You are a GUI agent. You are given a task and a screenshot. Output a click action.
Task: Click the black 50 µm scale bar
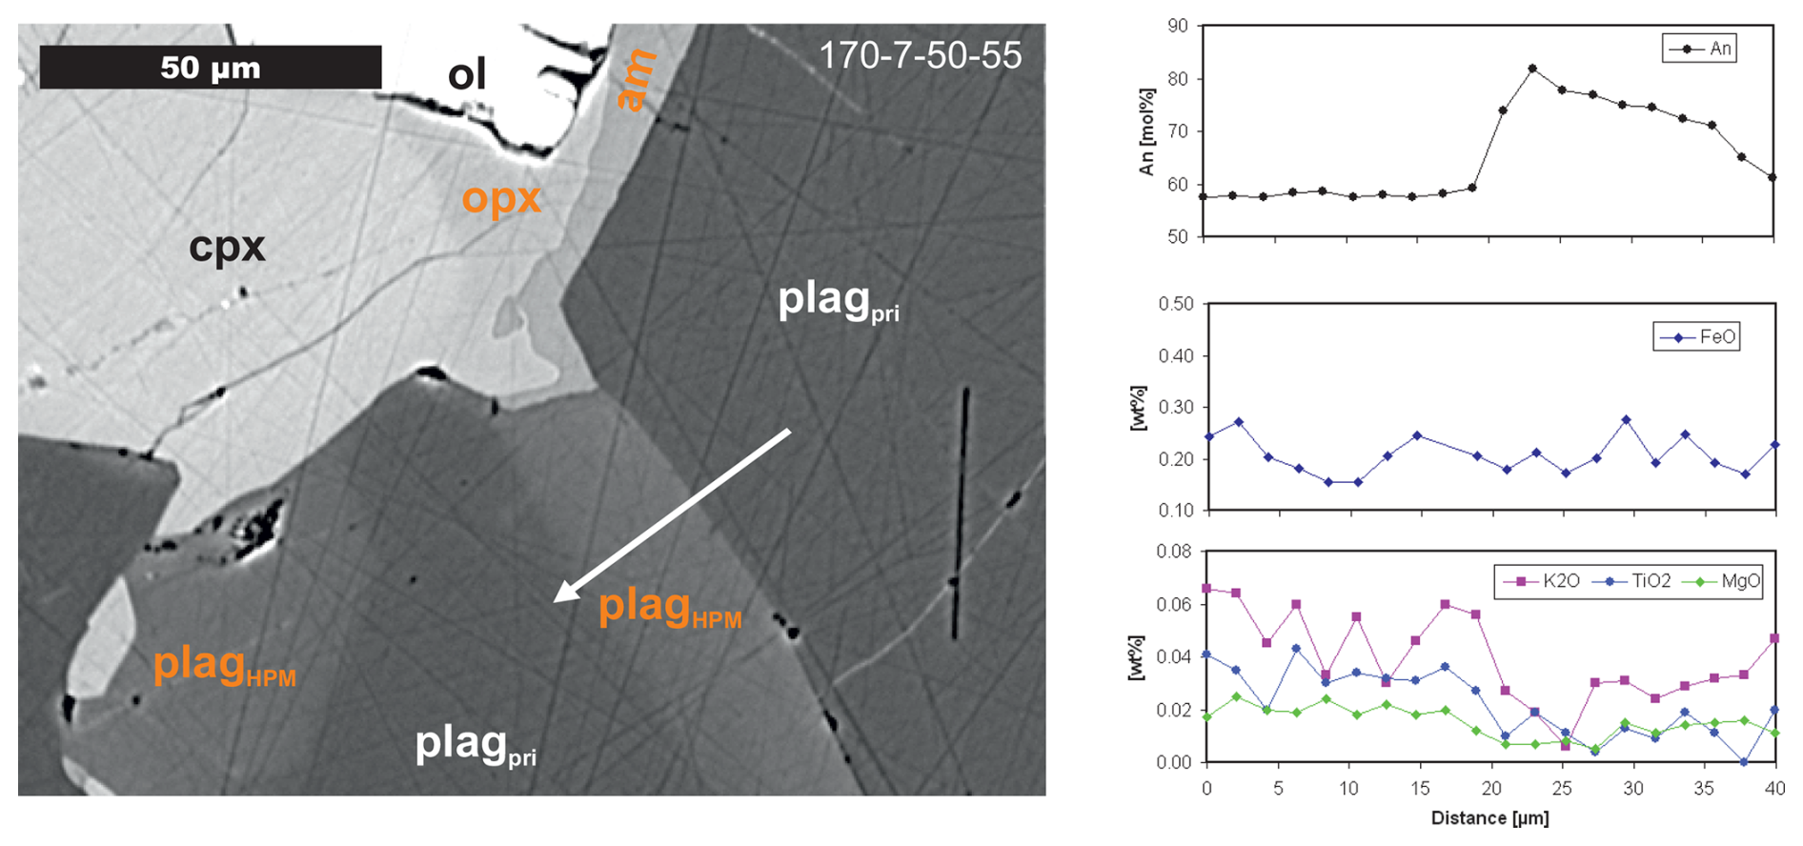click(x=210, y=67)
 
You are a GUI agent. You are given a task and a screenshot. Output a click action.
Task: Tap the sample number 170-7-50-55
click(x=920, y=55)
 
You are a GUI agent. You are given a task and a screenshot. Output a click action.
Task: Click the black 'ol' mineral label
click(x=467, y=74)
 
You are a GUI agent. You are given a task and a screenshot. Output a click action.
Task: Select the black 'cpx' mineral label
click(x=227, y=247)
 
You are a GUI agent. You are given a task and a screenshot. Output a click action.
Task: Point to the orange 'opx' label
click(x=501, y=198)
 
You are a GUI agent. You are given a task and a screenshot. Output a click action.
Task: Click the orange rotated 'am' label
click(x=637, y=80)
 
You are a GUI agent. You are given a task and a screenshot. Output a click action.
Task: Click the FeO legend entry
click(x=1697, y=337)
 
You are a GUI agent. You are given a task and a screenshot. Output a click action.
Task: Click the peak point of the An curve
click(x=1532, y=69)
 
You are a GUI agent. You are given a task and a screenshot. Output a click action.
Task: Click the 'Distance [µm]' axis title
click(x=1489, y=818)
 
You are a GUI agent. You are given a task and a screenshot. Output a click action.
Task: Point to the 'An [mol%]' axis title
click(x=1146, y=131)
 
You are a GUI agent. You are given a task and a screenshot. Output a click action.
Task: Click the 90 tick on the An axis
click(x=1178, y=26)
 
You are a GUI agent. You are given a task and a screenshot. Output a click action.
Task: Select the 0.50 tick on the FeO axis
click(x=1175, y=304)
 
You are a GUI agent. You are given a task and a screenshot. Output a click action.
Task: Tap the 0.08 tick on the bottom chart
click(x=1173, y=552)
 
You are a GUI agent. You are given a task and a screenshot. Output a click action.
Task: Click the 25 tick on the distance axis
click(x=1562, y=789)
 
